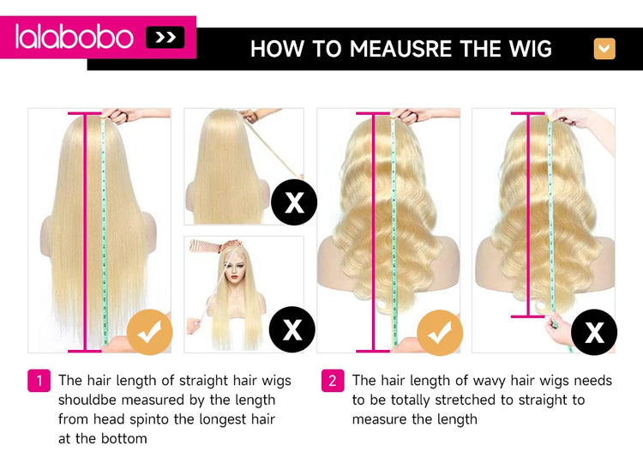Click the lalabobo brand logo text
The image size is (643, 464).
coord(75,37)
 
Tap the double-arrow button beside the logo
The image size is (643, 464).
coord(165,38)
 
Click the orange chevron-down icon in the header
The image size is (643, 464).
coord(604,49)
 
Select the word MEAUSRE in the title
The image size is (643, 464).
coord(400,49)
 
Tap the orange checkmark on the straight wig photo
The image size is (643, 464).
coord(150,331)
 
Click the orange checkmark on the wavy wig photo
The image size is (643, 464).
coord(440,332)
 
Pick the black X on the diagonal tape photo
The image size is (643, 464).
coord(294,202)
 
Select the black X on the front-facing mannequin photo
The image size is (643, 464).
coord(292,329)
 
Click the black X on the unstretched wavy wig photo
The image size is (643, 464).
coord(594,332)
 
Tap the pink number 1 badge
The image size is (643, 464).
coord(39,381)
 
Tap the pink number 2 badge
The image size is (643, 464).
coord(333,381)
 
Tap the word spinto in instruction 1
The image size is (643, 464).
coord(150,420)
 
